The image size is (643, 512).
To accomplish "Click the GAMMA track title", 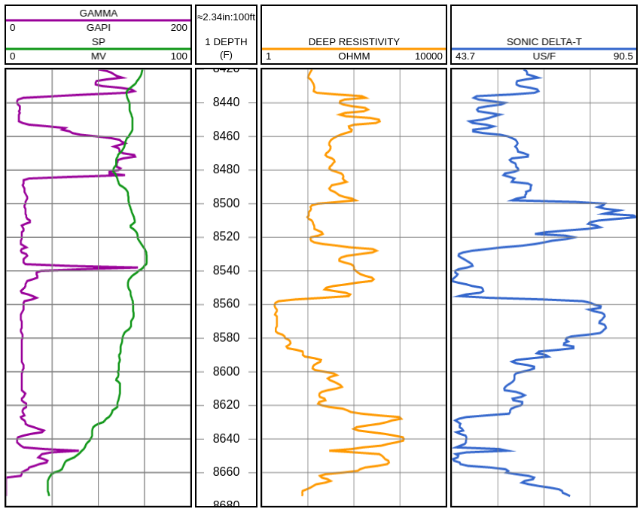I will tap(98, 13).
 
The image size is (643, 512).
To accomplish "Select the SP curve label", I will tap(98, 41).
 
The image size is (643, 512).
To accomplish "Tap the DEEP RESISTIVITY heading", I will tap(354, 41).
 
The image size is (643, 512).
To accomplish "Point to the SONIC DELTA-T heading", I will tap(544, 41).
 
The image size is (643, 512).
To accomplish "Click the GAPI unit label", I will tap(98, 27).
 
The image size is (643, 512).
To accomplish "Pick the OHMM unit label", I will tap(354, 56).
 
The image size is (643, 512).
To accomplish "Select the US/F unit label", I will tap(544, 56).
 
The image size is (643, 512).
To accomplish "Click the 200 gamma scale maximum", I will tap(178, 27).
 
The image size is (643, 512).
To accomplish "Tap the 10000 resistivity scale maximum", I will tap(428, 56).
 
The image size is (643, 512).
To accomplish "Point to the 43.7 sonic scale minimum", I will tap(465, 56).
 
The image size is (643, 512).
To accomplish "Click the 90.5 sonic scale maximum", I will tap(623, 56).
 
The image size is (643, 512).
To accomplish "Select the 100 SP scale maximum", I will tap(178, 56).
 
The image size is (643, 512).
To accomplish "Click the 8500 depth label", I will tap(226, 203).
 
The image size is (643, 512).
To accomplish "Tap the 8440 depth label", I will tap(226, 102).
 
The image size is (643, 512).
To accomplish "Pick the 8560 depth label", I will tap(226, 304).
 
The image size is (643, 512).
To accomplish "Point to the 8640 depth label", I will tap(226, 439).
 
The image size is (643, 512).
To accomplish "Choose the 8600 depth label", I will tap(226, 371).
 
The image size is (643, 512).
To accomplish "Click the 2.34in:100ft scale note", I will tap(226, 17).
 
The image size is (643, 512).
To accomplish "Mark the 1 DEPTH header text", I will tap(226, 41).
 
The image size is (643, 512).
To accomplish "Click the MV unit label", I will tap(98, 56).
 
